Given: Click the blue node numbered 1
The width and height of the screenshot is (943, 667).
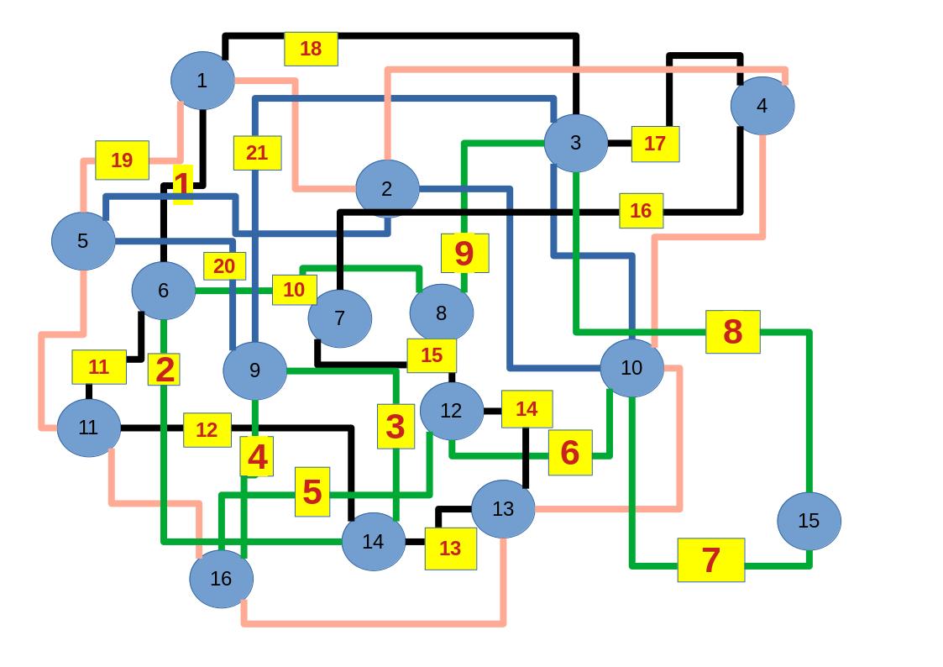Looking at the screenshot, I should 202,81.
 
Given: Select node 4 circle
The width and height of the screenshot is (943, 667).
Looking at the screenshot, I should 762,106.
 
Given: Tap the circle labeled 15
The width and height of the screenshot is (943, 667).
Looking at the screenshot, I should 809,521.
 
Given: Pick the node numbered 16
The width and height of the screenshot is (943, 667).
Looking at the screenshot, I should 221,579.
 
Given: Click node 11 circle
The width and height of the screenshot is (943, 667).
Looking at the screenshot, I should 88,428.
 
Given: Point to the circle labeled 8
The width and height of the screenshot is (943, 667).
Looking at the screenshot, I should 442,313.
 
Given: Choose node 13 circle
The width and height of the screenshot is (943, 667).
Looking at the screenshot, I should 503,509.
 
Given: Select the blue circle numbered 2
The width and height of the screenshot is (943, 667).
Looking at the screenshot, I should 387,189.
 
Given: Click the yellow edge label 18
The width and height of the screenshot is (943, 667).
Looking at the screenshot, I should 311,49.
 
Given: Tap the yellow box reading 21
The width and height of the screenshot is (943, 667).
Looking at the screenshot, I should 257,153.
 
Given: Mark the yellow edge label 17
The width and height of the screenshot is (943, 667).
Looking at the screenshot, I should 655,144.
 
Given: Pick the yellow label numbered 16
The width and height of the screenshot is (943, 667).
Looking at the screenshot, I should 641,211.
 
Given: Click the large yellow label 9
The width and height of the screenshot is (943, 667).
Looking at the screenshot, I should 464,253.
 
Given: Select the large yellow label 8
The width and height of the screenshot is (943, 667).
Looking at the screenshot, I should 732,332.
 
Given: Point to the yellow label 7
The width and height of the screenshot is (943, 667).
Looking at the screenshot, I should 710,559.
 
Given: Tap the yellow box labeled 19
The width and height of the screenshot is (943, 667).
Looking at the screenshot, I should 122,160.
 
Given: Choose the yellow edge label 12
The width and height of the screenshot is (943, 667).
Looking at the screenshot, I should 207,430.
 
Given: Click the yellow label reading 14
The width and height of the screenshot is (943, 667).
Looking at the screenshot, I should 527,409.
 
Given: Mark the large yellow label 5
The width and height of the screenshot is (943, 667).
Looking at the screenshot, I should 312,491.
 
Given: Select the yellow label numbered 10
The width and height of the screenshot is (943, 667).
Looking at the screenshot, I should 294,290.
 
